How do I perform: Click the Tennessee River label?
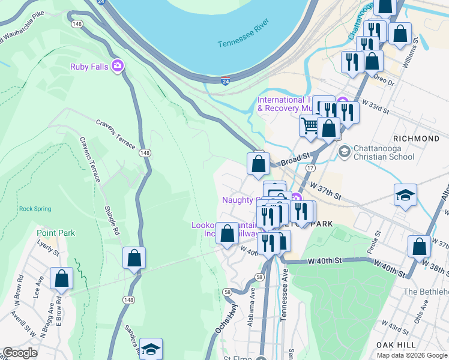click(245, 43)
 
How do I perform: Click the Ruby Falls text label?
click(89, 67)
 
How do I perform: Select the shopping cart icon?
click(310, 126)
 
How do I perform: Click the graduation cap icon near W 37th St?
click(406, 194)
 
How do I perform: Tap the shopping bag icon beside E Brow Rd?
click(61, 278)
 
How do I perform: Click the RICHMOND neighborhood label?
click(417, 139)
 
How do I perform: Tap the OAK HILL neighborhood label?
click(396, 345)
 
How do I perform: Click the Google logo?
click(20, 353)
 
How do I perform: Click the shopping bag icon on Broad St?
click(258, 163)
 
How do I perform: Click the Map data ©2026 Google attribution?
click(412, 355)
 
